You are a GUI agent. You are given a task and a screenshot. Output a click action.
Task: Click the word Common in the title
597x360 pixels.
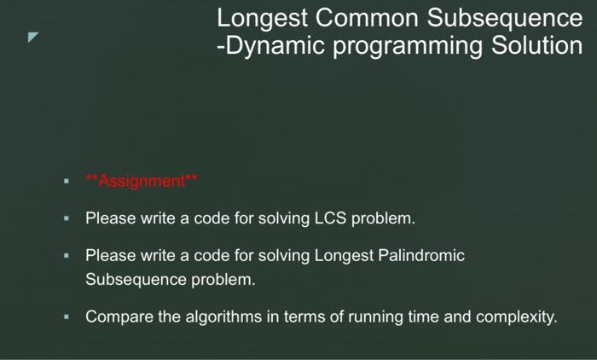click(368, 18)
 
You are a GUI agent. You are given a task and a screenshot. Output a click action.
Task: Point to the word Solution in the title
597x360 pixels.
click(536, 45)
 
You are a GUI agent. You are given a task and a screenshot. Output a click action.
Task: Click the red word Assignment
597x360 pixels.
click(142, 181)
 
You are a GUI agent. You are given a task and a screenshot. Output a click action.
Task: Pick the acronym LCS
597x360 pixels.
click(330, 218)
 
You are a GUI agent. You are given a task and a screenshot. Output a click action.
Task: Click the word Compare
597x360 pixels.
click(119, 317)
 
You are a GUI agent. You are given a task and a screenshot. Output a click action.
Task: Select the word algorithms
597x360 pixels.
click(223, 317)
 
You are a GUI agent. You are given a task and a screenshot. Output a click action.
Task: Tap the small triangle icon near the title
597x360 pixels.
click(32, 37)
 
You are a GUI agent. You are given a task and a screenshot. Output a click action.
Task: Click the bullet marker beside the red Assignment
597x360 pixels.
click(67, 182)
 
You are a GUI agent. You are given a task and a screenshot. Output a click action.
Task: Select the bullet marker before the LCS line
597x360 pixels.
click(67, 218)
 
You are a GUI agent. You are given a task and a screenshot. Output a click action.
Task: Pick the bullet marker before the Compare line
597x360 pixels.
click(67, 317)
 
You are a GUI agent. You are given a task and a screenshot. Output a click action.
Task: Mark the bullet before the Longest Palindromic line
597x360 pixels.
click(67, 256)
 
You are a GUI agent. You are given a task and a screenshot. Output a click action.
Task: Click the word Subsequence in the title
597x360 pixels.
click(505, 18)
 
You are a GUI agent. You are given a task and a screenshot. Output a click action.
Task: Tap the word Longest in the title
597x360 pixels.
click(262, 18)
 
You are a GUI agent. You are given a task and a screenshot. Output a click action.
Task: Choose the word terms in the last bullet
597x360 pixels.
click(304, 317)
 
